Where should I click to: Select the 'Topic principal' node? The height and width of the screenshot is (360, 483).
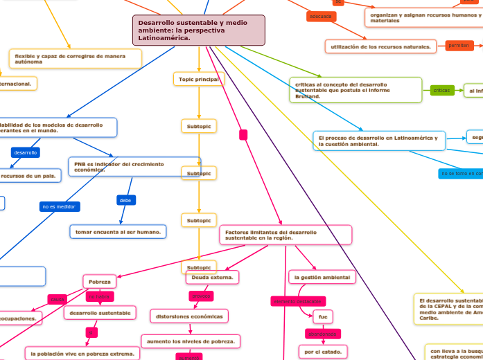pyautogui.click(x=199, y=80)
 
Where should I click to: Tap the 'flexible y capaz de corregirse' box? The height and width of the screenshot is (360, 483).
pyautogui.click(x=75, y=59)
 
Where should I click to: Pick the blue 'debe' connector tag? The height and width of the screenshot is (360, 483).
pyautogui.click(x=125, y=200)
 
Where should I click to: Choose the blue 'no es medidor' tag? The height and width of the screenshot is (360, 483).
pyautogui.click(x=60, y=206)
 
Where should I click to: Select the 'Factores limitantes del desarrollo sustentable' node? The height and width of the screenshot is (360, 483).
pyautogui.click(x=286, y=235)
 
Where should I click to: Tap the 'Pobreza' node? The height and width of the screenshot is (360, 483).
pyautogui.click(x=100, y=282)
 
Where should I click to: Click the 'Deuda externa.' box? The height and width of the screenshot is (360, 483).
pyautogui.click(x=212, y=278)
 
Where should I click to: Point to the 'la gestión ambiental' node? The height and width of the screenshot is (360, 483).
pyautogui.click(x=322, y=278)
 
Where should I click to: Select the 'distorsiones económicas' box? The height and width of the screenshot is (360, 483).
pyautogui.click(x=188, y=316)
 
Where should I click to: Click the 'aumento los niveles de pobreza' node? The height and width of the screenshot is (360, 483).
pyautogui.click(x=191, y=341)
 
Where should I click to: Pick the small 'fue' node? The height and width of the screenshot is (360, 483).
pyautogui.click(x=322, y=316)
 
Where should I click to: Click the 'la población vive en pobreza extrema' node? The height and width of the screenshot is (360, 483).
pyautogui.click(x=83, y=353)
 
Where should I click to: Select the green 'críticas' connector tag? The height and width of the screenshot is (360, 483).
pyautogui.click(x=441, y=90)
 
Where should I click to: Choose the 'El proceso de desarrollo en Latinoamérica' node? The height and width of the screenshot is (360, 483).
pyautogui.click(x=378, y=141)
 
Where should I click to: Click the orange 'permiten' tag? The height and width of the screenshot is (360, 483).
pyautogui.click(x=459, y=45)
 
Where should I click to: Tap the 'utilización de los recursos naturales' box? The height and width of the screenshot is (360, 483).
pyautogui.click(x=380, y=46)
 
